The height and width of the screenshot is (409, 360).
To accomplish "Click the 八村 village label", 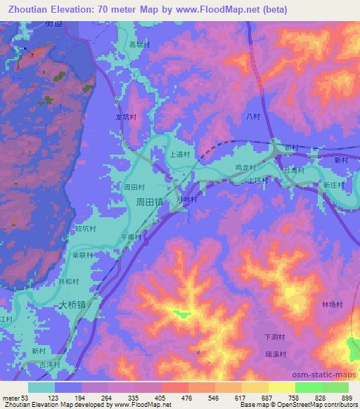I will pos(254,117).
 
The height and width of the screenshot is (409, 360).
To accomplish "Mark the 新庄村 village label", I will pos(334,185).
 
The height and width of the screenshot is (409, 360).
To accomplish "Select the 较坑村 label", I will pos(84,228).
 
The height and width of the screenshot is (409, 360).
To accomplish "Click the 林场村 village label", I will pos(332,304).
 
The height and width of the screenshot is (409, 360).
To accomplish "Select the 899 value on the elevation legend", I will pos(347,398).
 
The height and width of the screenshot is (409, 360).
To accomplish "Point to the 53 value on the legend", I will pos(27,398).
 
